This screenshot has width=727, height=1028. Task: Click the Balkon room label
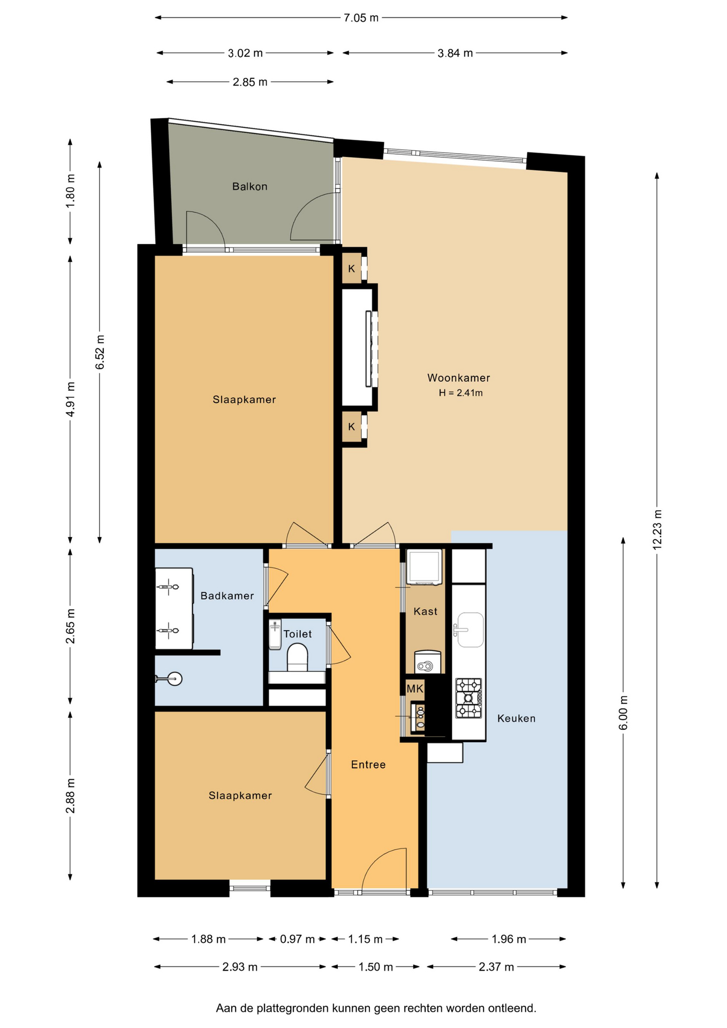point(249,186)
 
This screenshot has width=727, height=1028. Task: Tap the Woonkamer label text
point(459,377)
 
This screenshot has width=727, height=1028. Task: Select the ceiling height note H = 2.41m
point(461,393)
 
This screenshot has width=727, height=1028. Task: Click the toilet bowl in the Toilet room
point(298,657)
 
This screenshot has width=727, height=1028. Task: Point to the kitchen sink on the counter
point(470,630)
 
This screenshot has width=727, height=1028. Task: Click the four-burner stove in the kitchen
point(469,698)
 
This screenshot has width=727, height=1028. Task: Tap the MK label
point(415,689)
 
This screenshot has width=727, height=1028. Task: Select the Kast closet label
point(426,611)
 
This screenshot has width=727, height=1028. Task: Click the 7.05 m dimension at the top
point(361,18)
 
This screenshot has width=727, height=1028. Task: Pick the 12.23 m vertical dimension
point(657,529)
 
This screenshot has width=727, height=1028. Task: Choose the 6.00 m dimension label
point(623,713)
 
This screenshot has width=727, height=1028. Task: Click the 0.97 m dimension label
point(298,939)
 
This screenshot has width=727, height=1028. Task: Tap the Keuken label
point(517,719)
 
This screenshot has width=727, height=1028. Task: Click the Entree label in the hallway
point(368,765)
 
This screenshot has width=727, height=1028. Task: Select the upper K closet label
point(352,269)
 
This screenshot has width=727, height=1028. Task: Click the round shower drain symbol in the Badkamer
point(175,679)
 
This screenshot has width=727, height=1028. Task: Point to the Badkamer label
point(227,596)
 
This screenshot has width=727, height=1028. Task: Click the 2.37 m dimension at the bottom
point(496,967)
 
